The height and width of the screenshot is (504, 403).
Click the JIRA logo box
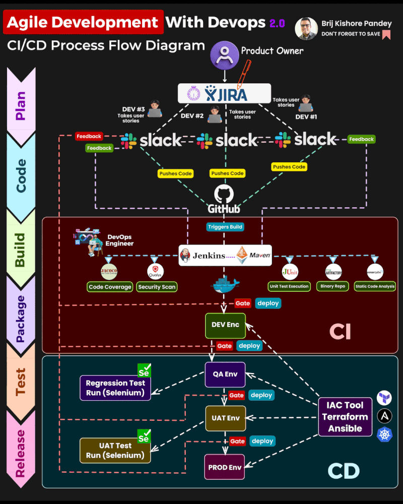tap(225, 94)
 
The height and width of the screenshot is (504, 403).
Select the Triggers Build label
tap(225, 227)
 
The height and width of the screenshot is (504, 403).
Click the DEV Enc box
tap(225, 325)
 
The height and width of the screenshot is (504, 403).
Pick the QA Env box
tap(225, 374)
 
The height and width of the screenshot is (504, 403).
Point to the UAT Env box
tap(225, 418)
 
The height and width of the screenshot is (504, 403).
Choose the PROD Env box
tap(225, 467)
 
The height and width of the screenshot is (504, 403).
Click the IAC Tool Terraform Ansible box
tap(345, 416)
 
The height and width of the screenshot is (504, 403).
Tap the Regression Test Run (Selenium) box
tap(115, 388)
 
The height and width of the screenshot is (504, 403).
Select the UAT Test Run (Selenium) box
tap(115, 450)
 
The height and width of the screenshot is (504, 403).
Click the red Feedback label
tap(89, 136)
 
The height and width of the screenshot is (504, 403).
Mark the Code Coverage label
tap(110, 287)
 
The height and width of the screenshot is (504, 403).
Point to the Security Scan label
tap(157, 287)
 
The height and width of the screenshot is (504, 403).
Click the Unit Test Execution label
tap(289, 286)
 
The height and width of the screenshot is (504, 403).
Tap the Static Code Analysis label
tap(375, 286)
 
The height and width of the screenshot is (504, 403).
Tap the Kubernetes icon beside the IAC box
tap(384, 434)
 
